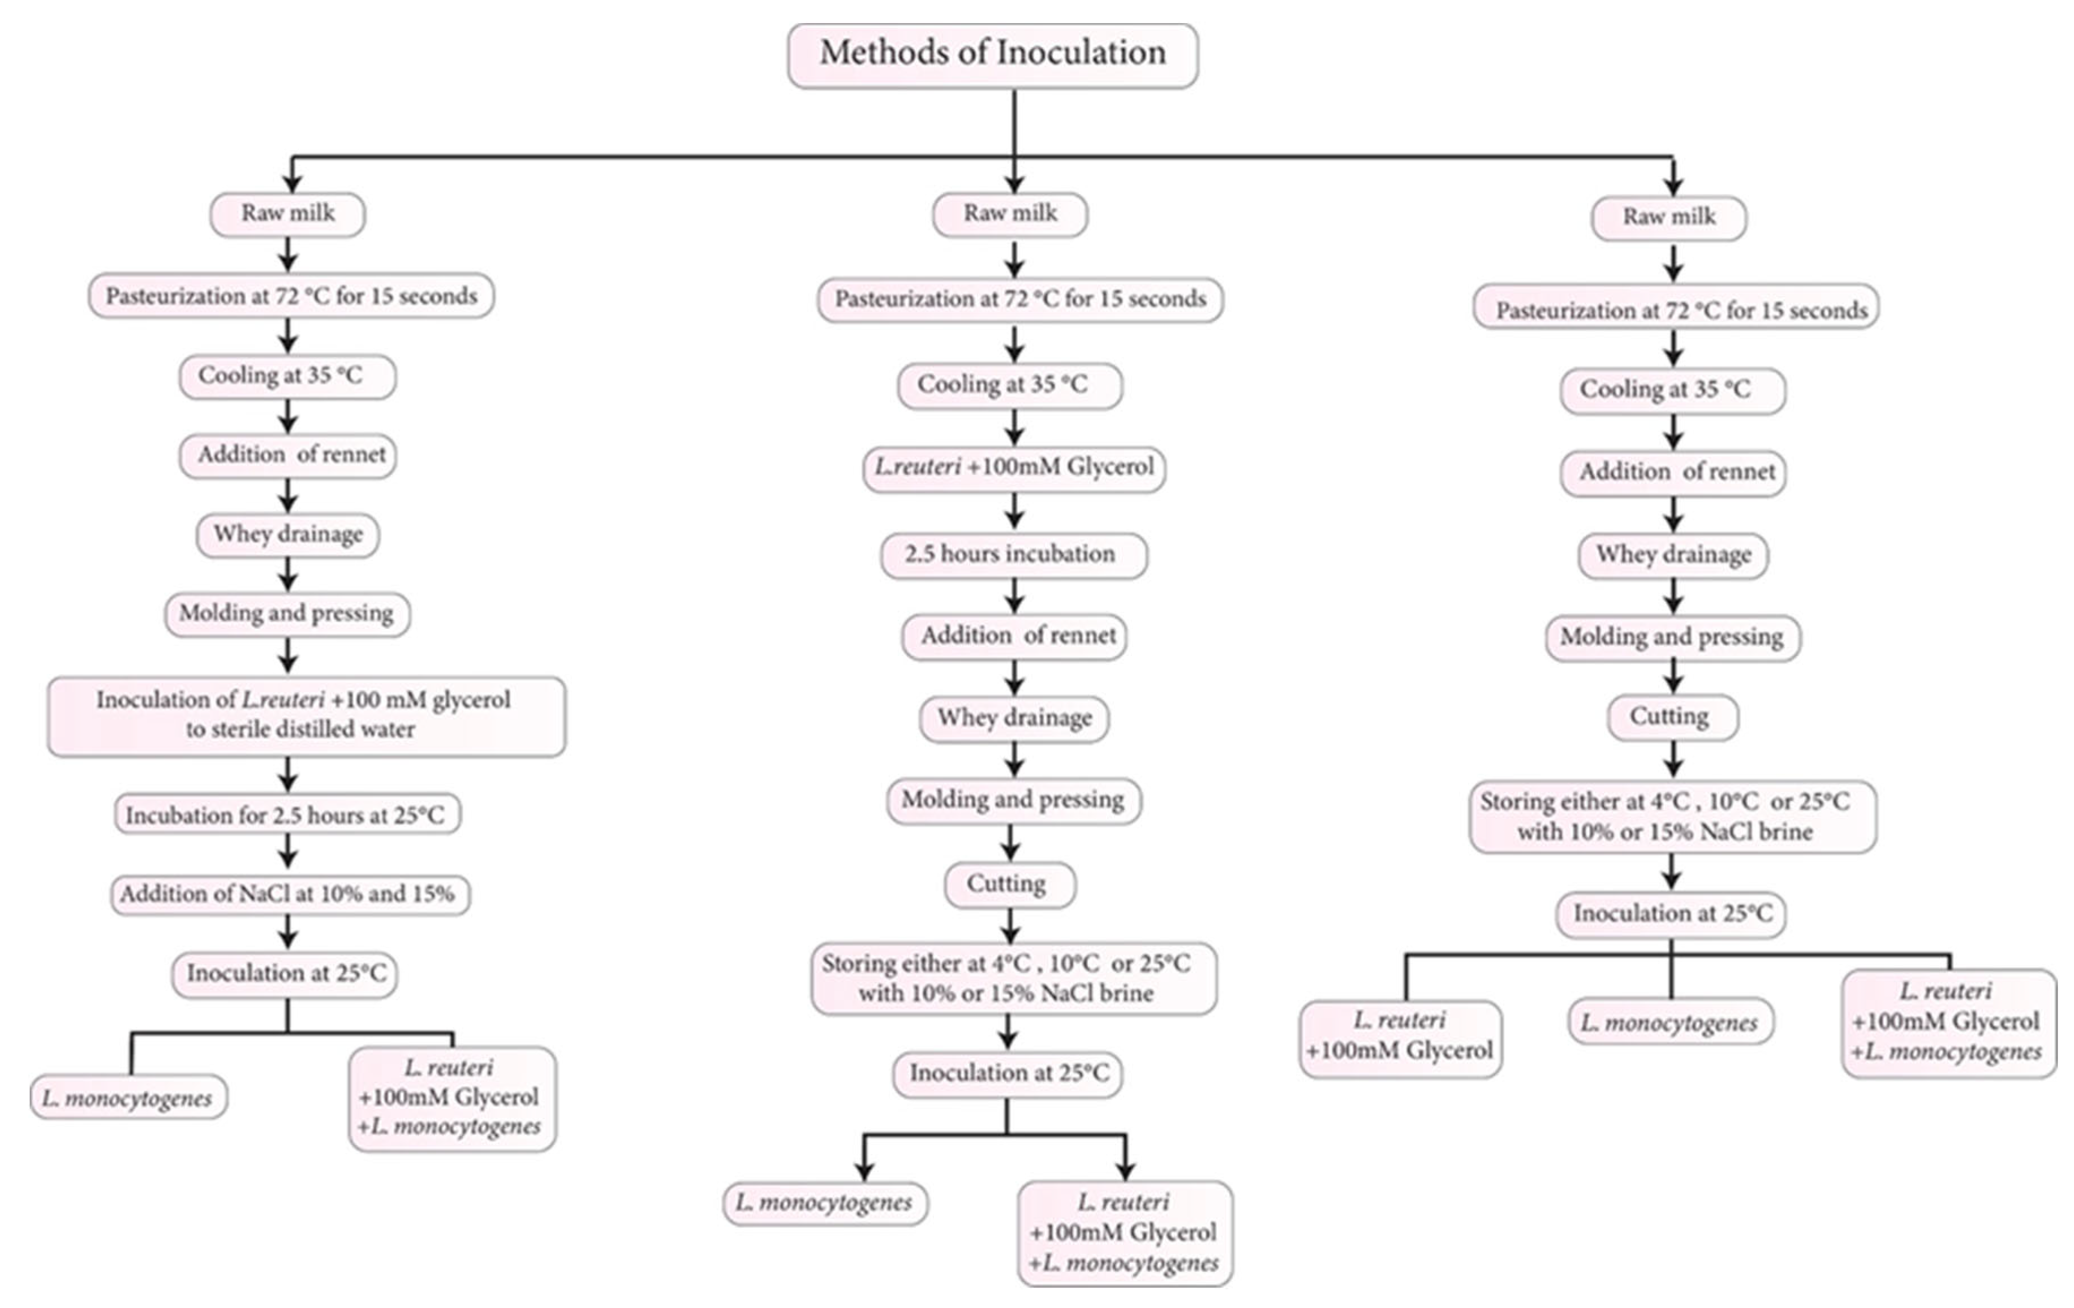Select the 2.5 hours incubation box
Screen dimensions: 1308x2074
pos(1013,555)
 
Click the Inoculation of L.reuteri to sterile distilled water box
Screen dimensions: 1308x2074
pos(305,715)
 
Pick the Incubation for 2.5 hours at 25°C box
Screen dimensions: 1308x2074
pos(287,814)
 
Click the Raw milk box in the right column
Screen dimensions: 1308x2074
pos(1668,218)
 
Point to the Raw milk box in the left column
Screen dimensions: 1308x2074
pos(287,214)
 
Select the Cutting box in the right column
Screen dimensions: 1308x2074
pos(1672,717)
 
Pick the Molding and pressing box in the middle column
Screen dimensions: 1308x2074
pos(1013,801)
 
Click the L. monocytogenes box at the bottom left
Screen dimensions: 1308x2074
pos(128,1098)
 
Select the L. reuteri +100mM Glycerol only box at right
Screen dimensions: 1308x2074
pos(1400,1037)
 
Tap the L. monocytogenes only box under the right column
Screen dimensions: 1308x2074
pos(1669,1022)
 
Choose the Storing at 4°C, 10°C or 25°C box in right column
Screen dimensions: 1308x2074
pos(1672,817)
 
